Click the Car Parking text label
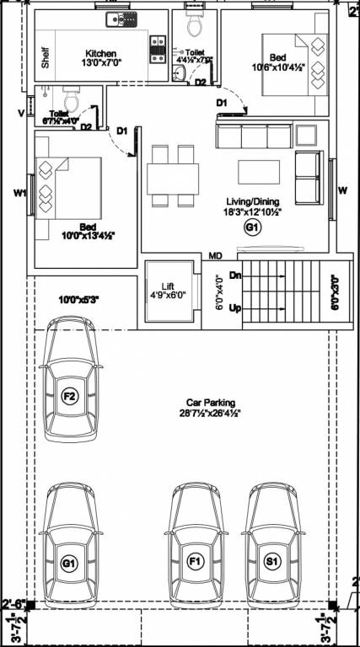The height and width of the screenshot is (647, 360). coord(212,403)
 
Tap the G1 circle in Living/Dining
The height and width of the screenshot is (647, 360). coord(251,227)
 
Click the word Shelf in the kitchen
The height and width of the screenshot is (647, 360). coord(45,57)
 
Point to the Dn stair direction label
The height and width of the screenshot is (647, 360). coord(236,275)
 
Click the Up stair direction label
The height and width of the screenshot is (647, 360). coord(236,309)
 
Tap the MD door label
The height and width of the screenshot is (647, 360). coord(215,255)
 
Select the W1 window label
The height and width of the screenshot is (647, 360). coord(19,193)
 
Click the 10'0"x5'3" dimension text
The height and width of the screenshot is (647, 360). coord(79,299)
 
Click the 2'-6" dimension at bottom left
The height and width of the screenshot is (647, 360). coord(15,603)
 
